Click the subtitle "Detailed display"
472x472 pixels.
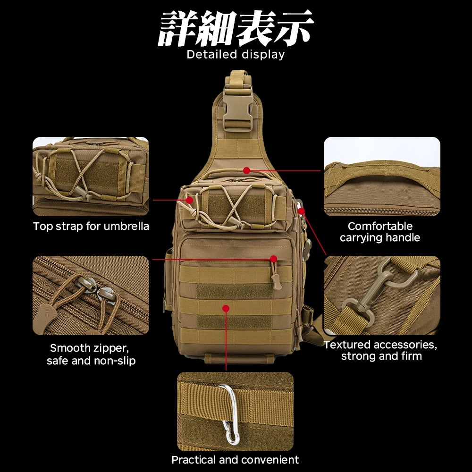(x=236, y=54)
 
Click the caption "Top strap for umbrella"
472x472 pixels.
(x=91, y=226)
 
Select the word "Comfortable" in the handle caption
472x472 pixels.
(x=380, y=226)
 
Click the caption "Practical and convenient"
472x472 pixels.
(x=235, y=460)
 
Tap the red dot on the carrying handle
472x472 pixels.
(x=246, y=171)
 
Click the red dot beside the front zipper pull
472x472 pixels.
(x=273, y=259)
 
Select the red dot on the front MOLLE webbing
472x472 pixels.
(x=226, y=308)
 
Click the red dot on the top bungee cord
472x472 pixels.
(x=189, y=200)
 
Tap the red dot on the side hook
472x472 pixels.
(x=301, y=211)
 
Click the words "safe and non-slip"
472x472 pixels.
(x=91, y=361)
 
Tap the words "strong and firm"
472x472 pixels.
(x=381, y=356)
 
